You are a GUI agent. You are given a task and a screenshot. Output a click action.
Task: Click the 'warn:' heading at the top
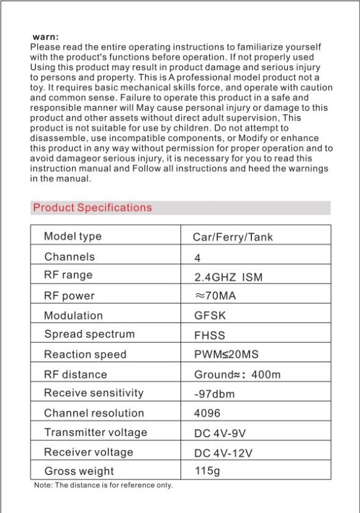pyautogui.click(x=45, y=38)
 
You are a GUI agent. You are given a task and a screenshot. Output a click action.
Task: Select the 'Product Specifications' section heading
pyautogui.click(x=92, y=208)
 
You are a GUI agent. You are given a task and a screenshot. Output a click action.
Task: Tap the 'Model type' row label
pyautogui.click(x=73, y=237)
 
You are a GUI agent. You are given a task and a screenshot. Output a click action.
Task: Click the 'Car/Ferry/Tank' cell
pyautogui.click(x=233, y=237)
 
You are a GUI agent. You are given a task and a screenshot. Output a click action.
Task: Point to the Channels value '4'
pyautogui.click(x=197, y=258)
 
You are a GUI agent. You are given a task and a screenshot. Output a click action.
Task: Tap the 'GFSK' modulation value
pyautogui.click(x=210, y=316)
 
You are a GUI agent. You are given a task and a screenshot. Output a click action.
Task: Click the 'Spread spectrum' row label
pyautogui.click(x=89, y=334)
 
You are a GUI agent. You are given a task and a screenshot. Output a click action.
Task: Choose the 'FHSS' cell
pyautogui.click(x=210, y=335)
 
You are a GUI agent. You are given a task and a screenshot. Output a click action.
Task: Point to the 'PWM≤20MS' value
pyautogui.click(x=227, y=355)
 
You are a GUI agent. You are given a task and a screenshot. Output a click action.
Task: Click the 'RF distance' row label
pyautogui.click(x=76, y=375)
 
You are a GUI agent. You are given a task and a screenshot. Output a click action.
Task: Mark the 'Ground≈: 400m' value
pyautogui.click(x=238, y=375)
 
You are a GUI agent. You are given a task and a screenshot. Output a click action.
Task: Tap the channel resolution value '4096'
pyautogui.click(x=207, y=413)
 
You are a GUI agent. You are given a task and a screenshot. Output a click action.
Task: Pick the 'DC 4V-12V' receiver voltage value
pyautogui.click(x=223, y=453)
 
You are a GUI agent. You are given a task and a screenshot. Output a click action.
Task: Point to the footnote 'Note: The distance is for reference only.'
pyautogui.click(x=103, y=486)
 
